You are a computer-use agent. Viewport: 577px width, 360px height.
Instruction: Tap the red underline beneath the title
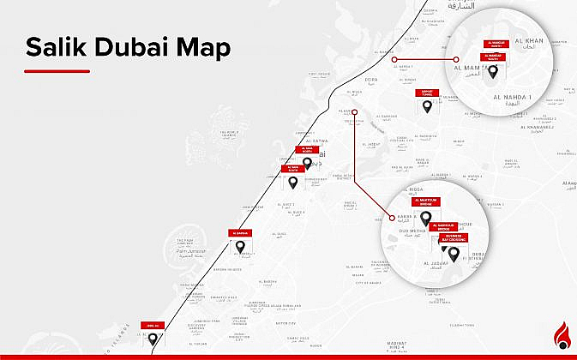coord(57,70)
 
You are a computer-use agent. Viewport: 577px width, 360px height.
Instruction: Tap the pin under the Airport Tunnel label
coord(428,106)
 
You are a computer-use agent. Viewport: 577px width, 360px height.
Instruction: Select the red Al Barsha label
coord(240,233)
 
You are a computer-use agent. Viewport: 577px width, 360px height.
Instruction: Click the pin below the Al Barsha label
coord(241,247)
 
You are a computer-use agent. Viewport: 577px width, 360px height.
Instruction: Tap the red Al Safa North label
coord(306,149)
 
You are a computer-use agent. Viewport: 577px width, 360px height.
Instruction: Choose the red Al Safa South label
coord(292,169)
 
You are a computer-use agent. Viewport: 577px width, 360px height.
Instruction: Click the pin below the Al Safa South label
coord(292,183)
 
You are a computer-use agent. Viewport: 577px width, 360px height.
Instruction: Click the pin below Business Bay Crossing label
coord(454,253)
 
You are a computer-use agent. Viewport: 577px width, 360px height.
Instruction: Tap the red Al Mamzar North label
coord(496,42)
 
